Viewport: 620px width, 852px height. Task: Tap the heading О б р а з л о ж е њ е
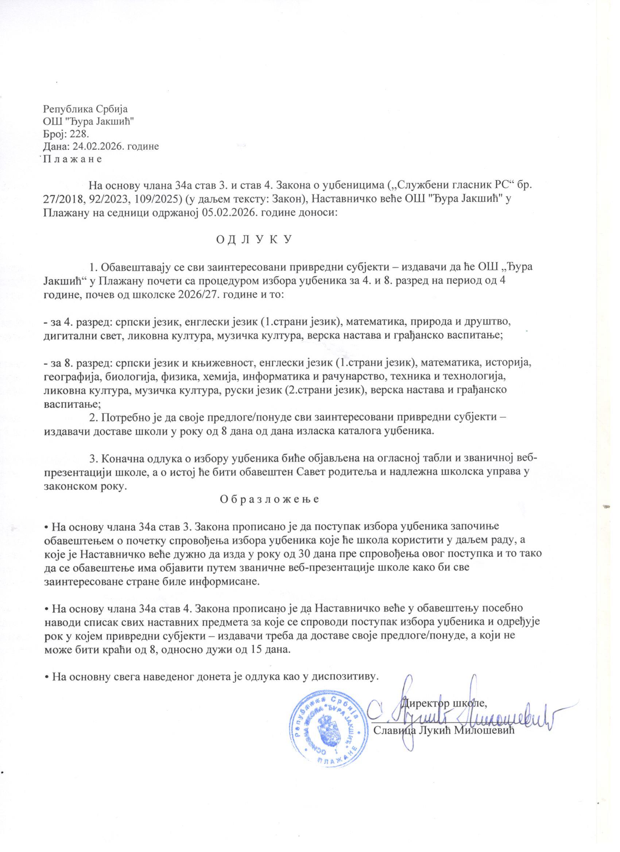(x=269, y=499)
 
